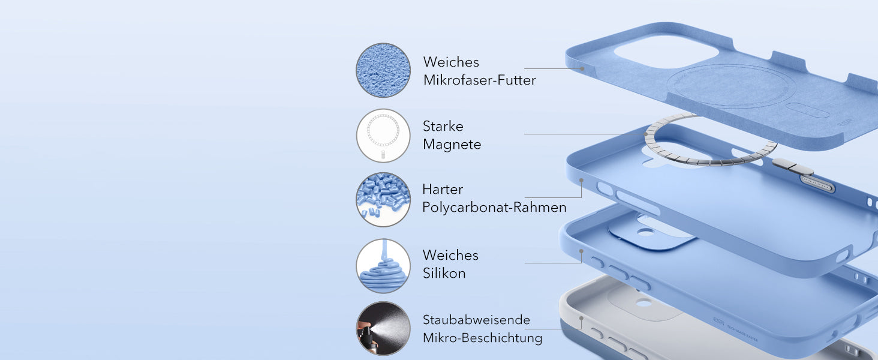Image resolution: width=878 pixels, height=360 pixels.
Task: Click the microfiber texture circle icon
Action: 383,70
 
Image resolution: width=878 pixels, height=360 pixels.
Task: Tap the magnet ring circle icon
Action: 383,136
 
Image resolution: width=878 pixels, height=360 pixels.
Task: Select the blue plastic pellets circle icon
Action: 383,200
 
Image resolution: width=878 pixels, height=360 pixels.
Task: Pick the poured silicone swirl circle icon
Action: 383,266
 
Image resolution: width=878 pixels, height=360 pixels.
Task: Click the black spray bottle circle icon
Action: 383,329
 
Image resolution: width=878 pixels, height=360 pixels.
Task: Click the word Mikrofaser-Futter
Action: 479,80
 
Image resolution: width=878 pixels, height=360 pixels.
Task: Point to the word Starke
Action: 443,126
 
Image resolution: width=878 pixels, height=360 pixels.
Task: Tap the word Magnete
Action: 452,145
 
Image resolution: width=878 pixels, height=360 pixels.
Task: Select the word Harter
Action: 443,190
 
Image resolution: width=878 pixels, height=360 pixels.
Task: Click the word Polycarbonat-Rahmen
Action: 494,208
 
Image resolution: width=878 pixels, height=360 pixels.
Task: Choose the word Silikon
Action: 444,274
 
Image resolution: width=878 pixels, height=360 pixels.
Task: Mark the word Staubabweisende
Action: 476,320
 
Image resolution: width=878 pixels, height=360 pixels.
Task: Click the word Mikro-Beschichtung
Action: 483,338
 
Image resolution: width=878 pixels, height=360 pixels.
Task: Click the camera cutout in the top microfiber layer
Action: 666,52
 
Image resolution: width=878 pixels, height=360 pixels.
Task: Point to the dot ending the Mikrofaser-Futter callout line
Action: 582,68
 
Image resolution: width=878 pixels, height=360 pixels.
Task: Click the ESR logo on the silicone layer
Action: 718,321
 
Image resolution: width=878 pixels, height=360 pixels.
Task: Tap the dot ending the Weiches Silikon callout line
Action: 581,251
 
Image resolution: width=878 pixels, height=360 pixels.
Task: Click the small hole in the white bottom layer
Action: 644,303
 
